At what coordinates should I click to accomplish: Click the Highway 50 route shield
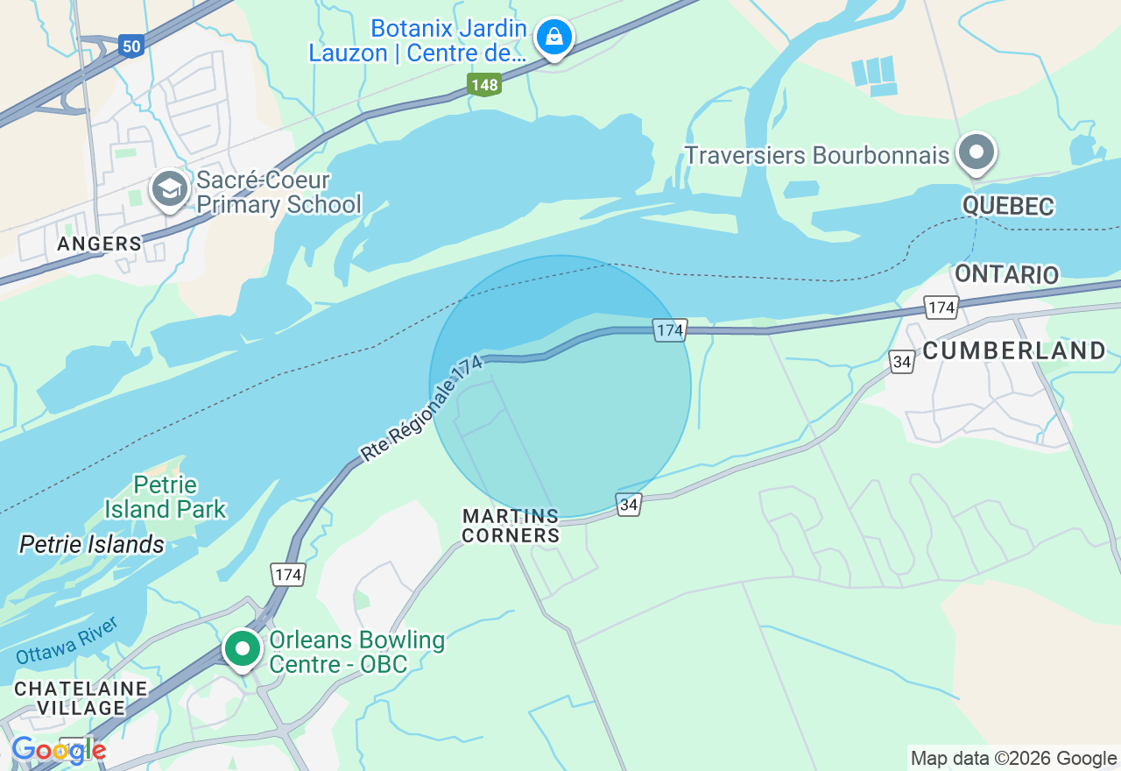click(x=130, y=46)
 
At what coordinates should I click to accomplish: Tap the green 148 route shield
click(x=483, y=85)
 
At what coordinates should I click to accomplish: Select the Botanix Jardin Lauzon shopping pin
click(x=553, y=38)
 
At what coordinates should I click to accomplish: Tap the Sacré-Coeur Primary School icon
click(x=169, y=189)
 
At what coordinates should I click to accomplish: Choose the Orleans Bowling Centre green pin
click(x=243, y=649)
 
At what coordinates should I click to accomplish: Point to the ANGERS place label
click(x=99, y=244)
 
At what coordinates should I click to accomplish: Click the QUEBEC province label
click(x=1007, y=207)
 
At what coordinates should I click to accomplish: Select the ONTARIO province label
click(x=1006, y=274)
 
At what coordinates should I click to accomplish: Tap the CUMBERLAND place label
click(x=1014, y=350)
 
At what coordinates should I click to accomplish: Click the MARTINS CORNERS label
click(x=511, y=526)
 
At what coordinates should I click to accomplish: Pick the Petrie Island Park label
click(x=165, y=497)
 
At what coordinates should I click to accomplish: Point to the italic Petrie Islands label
click(x=92, y=544)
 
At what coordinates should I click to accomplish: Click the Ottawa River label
click(x=67, y=641)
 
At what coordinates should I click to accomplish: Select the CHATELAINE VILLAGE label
click(x=81, y=697)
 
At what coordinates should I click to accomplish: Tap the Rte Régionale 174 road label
click(x=421, y=408)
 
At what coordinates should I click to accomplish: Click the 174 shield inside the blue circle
click(x=669, y=330)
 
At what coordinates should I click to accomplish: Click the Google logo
click(x=59, y=750)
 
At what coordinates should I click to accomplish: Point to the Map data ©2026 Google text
click(x=1013, y=759)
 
